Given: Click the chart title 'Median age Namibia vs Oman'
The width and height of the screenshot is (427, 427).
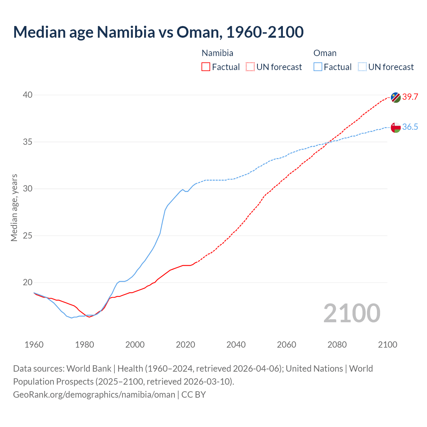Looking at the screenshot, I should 158,32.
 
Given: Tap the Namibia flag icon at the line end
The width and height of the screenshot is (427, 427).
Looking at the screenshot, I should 396,97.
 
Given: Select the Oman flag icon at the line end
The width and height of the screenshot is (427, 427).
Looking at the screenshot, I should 396,127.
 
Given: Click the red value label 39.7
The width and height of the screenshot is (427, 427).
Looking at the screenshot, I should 410,97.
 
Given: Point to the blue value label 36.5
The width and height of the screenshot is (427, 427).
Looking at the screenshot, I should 410,127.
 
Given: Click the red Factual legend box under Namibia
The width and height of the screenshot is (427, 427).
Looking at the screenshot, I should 206,67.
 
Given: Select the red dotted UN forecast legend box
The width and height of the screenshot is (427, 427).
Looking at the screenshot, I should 250,67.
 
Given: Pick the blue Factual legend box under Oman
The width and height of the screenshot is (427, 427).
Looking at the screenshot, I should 318,67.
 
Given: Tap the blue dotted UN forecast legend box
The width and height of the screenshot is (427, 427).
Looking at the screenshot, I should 362,67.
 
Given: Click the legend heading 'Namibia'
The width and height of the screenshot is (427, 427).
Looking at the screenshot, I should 218,53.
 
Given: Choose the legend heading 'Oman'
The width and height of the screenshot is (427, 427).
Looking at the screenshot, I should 325,53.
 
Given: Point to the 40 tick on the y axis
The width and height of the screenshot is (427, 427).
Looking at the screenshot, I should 28,95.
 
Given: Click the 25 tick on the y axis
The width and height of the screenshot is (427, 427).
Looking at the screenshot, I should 28,236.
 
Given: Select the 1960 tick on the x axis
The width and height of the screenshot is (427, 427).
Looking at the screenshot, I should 34,345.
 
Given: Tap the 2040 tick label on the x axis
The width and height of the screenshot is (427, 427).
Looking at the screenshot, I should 236,345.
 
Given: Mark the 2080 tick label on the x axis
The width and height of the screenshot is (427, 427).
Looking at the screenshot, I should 337,345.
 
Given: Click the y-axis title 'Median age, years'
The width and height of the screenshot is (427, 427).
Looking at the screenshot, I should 14,207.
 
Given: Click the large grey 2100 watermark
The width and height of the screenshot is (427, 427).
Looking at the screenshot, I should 352,313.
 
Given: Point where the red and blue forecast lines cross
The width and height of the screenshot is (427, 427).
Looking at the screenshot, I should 328,142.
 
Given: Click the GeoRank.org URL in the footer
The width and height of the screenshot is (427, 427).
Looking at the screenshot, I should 94,395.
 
